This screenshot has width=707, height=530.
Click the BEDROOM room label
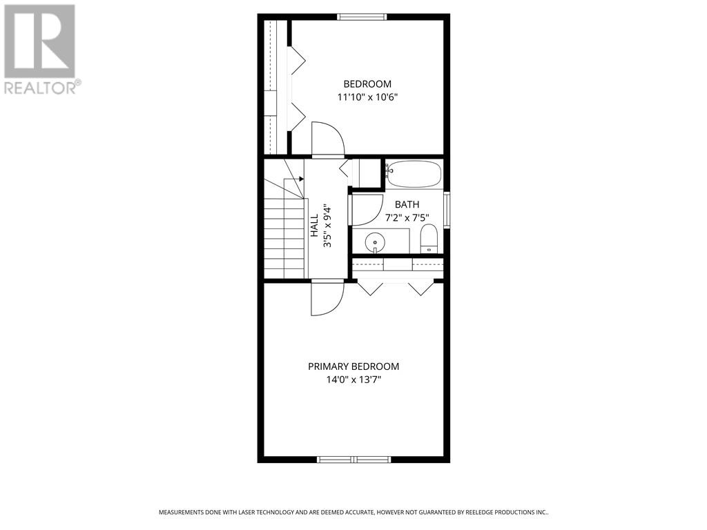point(367,84)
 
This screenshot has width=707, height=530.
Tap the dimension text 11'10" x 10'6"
point(367,97)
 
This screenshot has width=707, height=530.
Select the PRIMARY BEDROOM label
point(353,366)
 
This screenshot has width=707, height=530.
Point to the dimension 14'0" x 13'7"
point(353,380)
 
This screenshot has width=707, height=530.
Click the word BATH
point(407,204)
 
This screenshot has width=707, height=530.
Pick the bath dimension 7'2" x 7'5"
point(407,217)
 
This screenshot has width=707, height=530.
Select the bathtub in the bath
point(413,174)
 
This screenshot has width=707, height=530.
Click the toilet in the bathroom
point(428,238)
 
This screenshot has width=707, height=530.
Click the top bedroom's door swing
point(328,138)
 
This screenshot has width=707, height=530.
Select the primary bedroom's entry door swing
point(327,298)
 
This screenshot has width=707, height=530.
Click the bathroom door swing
point(367,210)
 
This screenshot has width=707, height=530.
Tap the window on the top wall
point(362,17)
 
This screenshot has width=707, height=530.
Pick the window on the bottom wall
point(353,459)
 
